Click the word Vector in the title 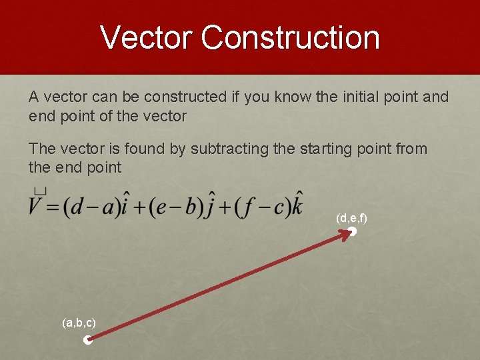coord(146,37)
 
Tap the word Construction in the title coord(290,37)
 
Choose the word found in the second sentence coord(146,149)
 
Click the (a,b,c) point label coord(79,323)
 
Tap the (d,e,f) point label coord(352,218)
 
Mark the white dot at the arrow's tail coord(87,341)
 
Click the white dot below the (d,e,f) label coord(353,232)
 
